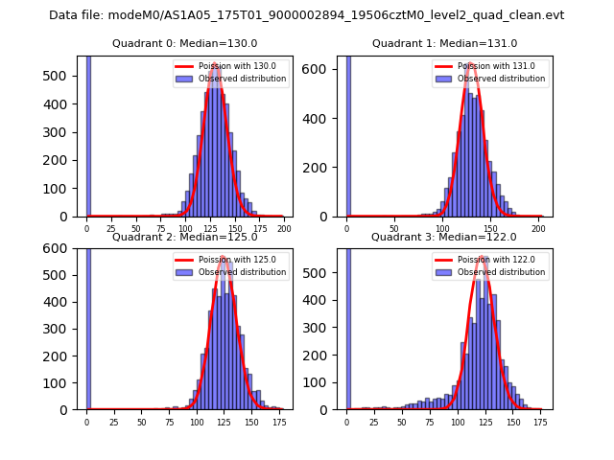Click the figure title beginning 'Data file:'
307,15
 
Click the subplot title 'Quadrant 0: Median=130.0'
185,43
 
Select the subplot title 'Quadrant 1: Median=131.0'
444,43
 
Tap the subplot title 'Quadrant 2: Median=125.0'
185,237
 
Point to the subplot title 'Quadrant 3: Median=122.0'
444,237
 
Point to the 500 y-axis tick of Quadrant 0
62,76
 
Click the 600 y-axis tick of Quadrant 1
322,69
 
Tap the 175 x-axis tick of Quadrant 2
278,422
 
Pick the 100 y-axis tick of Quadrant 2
62,382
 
